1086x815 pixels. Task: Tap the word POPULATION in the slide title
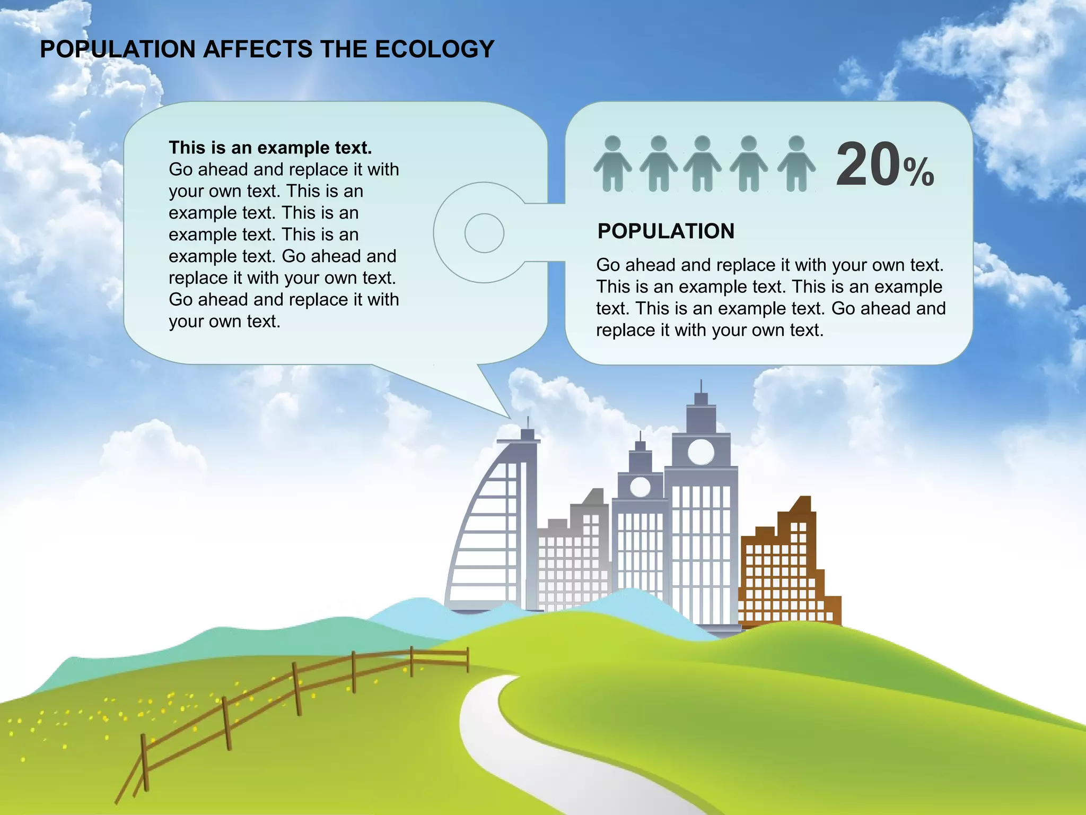tap(118, 49)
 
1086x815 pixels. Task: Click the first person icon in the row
tap(612, 163)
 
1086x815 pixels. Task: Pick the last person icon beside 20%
tap(796, 163)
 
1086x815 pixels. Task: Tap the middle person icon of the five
tap(702, 163)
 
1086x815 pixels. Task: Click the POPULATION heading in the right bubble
tap(665, 231)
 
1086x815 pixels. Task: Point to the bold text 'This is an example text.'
tap(270, 148)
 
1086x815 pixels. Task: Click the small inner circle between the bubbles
tap(484, 233)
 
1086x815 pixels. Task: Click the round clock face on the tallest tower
tap(701, 452)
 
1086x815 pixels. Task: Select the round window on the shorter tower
tap(640, 487)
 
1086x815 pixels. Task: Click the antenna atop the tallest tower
tap(701, 386)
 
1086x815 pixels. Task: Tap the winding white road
tap(509, 753)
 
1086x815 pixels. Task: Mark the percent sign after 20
tap(919, 172)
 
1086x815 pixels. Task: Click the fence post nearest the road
tap(467, 660)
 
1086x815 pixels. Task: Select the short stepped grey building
tap(573, 562)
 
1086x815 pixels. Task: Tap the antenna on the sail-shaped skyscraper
tap(528, 423)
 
